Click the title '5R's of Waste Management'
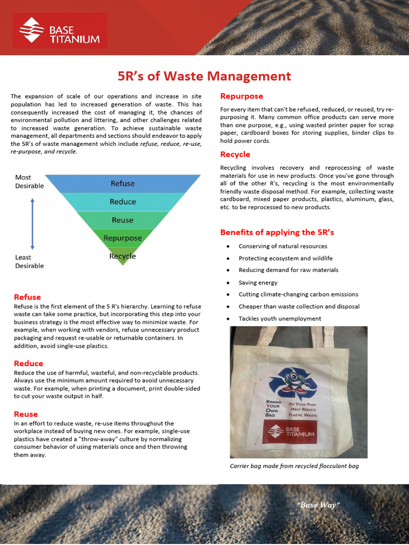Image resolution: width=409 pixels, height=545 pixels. pos(204,76)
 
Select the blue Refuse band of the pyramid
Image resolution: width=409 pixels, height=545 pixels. pos(122,184)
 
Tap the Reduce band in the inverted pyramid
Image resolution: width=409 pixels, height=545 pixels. pos(122,202)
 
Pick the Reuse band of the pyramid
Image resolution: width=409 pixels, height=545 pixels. pos(122,220)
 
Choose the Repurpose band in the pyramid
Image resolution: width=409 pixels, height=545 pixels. pos(122,238)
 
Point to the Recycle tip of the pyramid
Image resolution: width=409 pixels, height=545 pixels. pos(122,256)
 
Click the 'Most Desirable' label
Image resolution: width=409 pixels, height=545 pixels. pos(29,181)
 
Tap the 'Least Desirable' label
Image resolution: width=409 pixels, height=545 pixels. pos(29,261)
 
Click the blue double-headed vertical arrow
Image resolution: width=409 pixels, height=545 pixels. pos(32,224)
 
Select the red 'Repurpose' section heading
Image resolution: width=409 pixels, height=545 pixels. pos(242,96)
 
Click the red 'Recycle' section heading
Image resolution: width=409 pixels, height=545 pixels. pos(235,154)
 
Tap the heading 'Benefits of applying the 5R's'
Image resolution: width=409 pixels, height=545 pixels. pos(277,233)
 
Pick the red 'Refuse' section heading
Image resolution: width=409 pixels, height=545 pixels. pos(27,297)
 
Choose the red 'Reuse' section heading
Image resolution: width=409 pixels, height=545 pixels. pos(26,414)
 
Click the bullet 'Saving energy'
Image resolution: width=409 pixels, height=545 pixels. pos(258,283)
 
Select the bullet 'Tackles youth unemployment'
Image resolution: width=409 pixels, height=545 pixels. pos(280,318)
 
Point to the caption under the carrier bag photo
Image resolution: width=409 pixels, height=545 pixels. pos(294,466)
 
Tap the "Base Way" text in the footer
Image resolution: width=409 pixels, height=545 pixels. pos(318,505)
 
